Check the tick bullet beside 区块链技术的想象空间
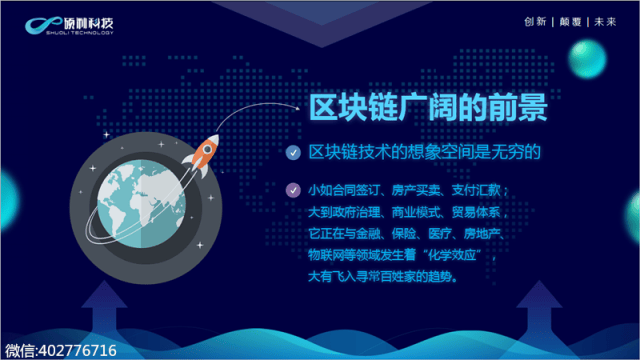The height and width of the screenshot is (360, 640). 291,153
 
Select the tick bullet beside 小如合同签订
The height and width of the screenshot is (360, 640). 291,189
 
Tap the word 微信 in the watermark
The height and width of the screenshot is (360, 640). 19,350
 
